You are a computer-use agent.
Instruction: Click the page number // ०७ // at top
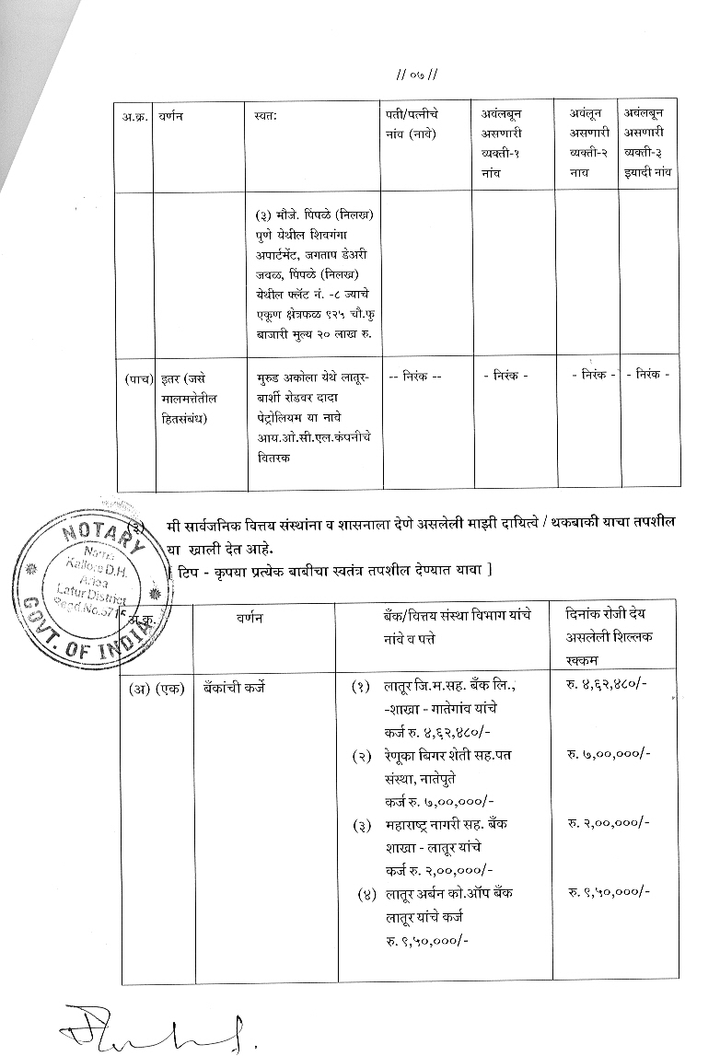click(415, 74)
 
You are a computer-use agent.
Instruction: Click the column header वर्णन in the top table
click(170, 115)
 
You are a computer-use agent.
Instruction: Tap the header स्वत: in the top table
click(265, 115)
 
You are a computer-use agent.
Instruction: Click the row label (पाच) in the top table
click(137, 378)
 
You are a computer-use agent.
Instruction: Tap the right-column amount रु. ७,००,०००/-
click(608, 754)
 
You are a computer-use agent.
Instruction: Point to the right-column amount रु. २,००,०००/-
click(608, 822)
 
